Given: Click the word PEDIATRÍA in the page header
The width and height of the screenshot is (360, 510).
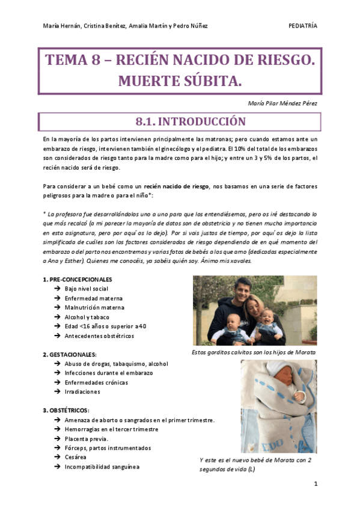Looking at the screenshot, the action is point(303,26).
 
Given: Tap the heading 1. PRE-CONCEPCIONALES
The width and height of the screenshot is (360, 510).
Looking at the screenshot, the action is point(77,279).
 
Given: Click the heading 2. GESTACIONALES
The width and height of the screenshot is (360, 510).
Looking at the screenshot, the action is point(70,354).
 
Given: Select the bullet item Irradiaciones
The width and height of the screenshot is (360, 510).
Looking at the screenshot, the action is point(82,392).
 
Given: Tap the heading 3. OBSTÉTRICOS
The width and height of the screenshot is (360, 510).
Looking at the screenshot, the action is point(66,410).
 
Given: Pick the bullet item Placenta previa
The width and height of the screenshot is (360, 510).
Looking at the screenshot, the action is point(87,438).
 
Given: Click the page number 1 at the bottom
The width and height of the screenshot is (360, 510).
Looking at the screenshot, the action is point(316,483).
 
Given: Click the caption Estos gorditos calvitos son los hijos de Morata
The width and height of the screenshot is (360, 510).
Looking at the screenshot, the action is point(254,352).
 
